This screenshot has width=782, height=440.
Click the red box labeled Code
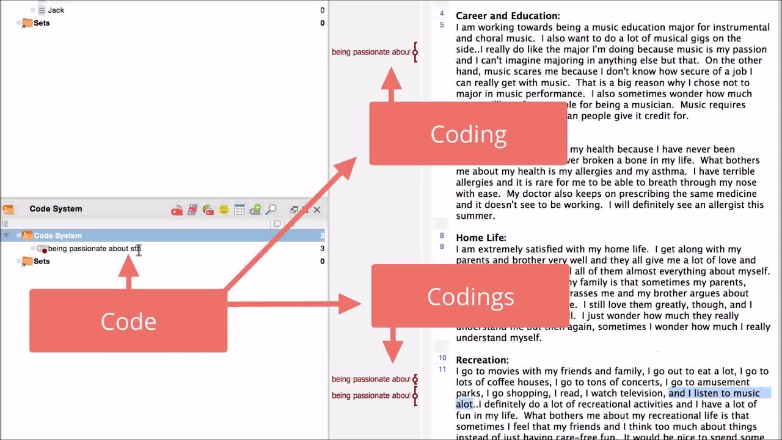point(128,321)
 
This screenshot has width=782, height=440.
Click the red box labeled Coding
point(468,134)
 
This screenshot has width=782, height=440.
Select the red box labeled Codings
point(470,296)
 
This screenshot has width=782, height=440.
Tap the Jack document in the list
point(56,10)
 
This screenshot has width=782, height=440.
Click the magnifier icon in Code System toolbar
point(271,210)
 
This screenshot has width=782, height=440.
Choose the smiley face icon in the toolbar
point(224,210)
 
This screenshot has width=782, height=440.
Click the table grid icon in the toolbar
point(239,210)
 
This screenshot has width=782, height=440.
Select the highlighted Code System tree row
point(57,235)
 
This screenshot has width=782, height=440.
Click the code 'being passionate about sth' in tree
point(93,249)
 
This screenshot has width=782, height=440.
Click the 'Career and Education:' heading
point(508,16)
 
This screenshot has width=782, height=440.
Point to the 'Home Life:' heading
point(481,238)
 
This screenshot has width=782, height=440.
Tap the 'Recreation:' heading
point(482,360)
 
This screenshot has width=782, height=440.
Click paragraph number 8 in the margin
point(442,236)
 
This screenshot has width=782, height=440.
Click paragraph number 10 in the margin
point(442,358)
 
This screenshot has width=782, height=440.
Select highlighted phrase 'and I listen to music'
point(714,393)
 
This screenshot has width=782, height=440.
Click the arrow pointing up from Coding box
point(391,82)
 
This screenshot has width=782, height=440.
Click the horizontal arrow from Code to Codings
point(293,304)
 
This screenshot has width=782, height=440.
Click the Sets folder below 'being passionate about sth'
point(42,262)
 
